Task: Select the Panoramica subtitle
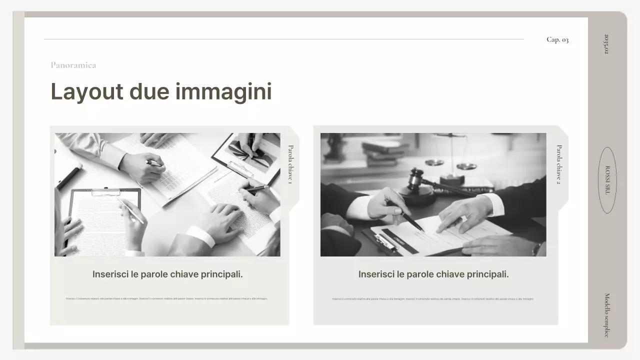coord(73,65)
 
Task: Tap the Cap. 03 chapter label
coord(557,39)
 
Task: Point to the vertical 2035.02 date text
coord(606,44)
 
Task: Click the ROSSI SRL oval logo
coord(607,180)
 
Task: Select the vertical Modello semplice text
coord(607,315)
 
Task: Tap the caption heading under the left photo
coord(167,274)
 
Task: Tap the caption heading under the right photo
coord(433,274)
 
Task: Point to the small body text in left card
coord(166,298)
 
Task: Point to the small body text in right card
coord(433,299)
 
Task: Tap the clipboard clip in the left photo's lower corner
coord(106,192)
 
